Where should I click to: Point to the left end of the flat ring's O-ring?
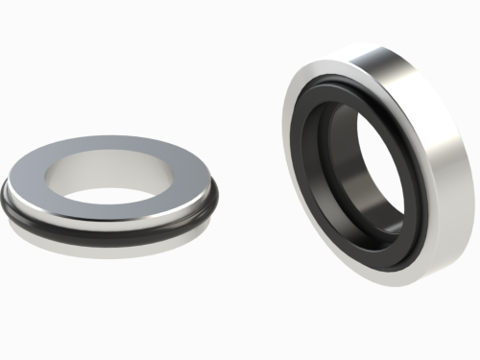(x=8, y=202)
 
